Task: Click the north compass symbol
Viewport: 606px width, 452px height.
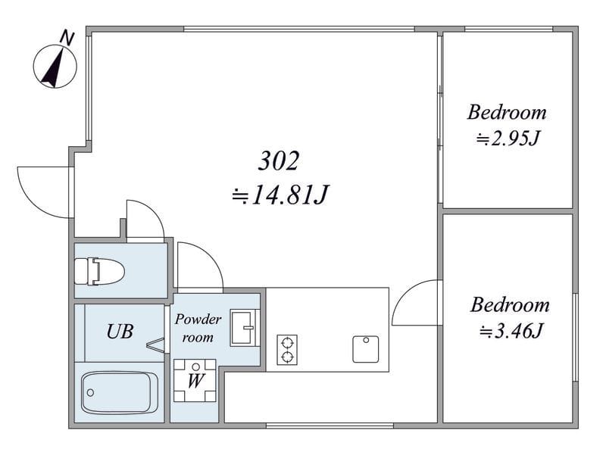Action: pyautogui.click(x=55, y=66)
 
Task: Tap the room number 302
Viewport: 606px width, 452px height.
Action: pyautogui.click(x=279, y=161)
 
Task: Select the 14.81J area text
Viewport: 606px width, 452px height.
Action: pyautogui.click(x=280, y=195)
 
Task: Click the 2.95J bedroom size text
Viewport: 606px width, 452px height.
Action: pyautogui.click(x=508, y=139)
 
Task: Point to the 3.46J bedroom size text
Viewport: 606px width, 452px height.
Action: pyautogui.click(x=511, y=331)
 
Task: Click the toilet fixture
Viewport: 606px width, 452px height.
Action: pyautogui.click(x=99, y=271)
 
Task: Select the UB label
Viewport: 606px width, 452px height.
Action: pyautogui.click(x=120, y=331)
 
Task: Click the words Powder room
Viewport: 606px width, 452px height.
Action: pyautogui.click(x=198, y=328)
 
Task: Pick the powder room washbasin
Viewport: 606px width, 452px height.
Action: pyautogui.click(x=243, y=328)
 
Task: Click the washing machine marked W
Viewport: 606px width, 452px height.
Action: pyautogui.click(x=195, y=381)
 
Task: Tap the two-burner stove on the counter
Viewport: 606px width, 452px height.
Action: pyautogui.click(x=287, y=350)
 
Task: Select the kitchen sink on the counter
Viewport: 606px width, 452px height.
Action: pyautogui.click(x=366, y=349)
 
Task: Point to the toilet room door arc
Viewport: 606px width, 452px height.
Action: pyautogui.click(x=155, y=213)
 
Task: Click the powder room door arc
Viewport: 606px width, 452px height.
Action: pyautogui.click(x=210, y=254)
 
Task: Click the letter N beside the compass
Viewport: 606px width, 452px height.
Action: pyautogui.click(x=67, y=38)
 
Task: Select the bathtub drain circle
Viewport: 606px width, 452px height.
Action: pyautogui.click(x=90, y=393)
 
